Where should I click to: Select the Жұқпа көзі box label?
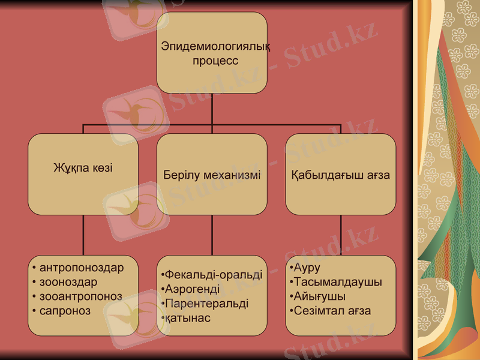[x=83, y=168]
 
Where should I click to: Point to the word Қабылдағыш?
[x=322, y=175]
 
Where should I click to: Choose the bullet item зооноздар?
[x=68, y=282]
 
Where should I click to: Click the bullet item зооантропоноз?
[x=80, y=296]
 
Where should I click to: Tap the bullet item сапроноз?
[x=65, y=311]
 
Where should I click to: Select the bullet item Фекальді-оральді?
[x=214, y=275]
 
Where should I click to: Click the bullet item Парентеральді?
[x=206, y=304]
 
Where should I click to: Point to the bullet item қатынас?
[x=188, y=318]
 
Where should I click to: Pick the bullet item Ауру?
[x=306, y=268]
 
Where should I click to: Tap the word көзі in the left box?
[x=101, y=168]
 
